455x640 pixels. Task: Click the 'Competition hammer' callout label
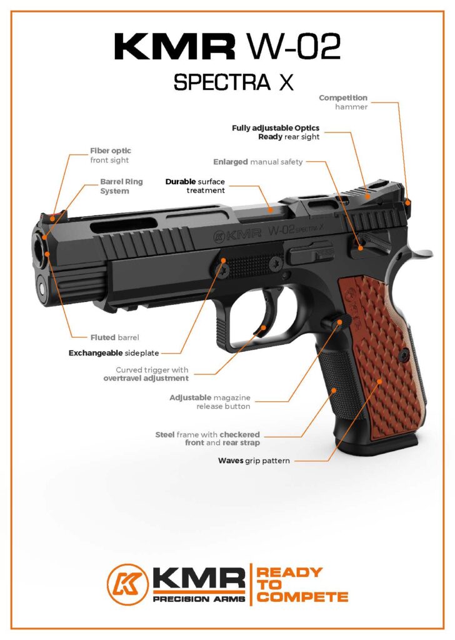343,102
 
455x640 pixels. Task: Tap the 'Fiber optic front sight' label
110,156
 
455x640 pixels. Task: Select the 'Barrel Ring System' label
121,186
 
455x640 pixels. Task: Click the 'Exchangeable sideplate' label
124,352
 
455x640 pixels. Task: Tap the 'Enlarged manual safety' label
257,162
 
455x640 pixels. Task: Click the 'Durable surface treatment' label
195,186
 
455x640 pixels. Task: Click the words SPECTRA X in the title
233,82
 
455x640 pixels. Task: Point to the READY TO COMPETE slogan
302,584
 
